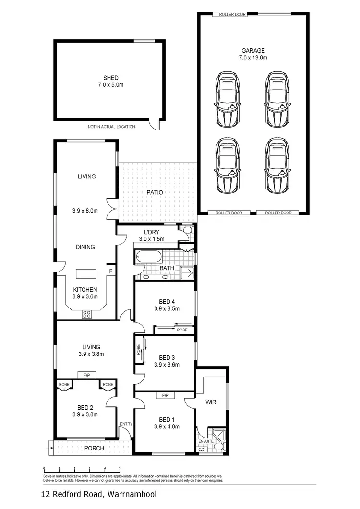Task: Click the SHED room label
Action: coord(110,78)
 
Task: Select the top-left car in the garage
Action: coord(228,99)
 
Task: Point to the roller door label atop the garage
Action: coord(232,15)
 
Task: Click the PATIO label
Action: coord(155,192)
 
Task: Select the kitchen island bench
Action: coord(86,274)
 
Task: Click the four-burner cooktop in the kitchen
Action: coord(87,314)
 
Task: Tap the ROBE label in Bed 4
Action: coord(182,330)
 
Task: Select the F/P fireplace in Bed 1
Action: coord(165,396)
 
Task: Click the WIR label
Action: coord(210,402)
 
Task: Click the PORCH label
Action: coord(94,448)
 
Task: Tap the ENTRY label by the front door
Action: coord(126,424)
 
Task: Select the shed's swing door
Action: coord(155,124)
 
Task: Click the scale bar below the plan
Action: coord(82,469)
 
